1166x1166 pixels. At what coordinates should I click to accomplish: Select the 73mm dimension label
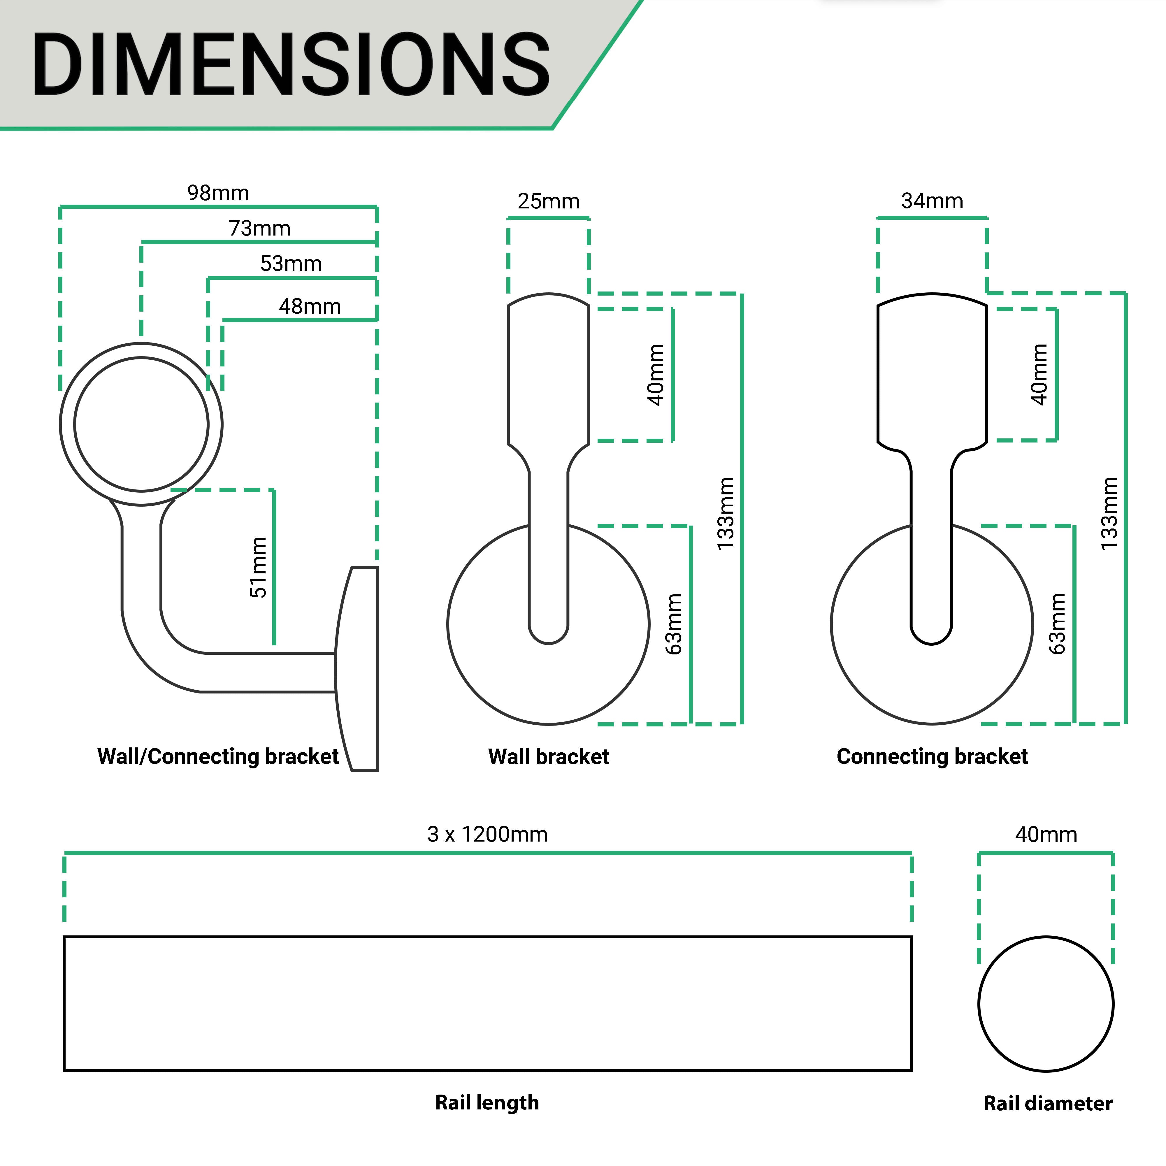point(259,229)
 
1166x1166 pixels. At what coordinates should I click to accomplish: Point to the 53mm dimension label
point(291,264)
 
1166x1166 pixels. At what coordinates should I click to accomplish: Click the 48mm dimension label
point(310,307)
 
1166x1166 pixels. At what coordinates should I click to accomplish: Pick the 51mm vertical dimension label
point(258,567)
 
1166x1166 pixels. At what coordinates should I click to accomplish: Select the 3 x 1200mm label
point(487,835)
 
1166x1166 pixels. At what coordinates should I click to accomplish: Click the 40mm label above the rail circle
point(1046,835)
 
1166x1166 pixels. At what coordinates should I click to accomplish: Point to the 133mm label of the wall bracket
point(726,514)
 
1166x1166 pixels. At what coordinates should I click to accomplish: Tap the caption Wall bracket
point(549,757)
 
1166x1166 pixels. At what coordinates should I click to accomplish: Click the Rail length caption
point(487,1103)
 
